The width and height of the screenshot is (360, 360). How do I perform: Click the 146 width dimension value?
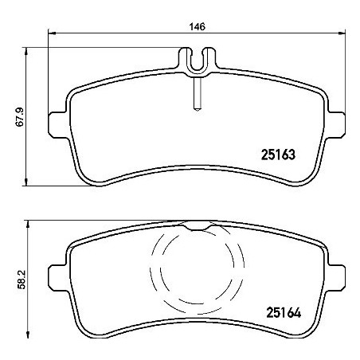pyautogui.click(x=198, y=26)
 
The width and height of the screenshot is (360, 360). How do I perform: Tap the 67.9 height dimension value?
pyautogui.click(x=20, y=117)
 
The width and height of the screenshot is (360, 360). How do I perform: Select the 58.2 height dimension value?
pyautogui.click(x=21, y=280)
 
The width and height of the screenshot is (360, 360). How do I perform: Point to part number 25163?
pyautogui.click(x=278, y=155)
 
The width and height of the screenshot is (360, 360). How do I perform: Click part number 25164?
pyautogui.click(x=284, y=312)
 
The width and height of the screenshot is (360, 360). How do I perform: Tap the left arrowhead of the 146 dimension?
pyautogui.click(x=52, y=33)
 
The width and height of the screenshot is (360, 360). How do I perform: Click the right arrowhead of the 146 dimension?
pyautogui.click(x=342, y=33)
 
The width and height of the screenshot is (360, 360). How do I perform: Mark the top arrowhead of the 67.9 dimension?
pyautogui.click(x=26, y=51)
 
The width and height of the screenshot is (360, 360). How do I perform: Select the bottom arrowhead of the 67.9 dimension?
pyautogui.click(x=26, y=182)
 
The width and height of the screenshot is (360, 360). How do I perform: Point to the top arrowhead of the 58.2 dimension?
pyautogui.click(x=27, y=224)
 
